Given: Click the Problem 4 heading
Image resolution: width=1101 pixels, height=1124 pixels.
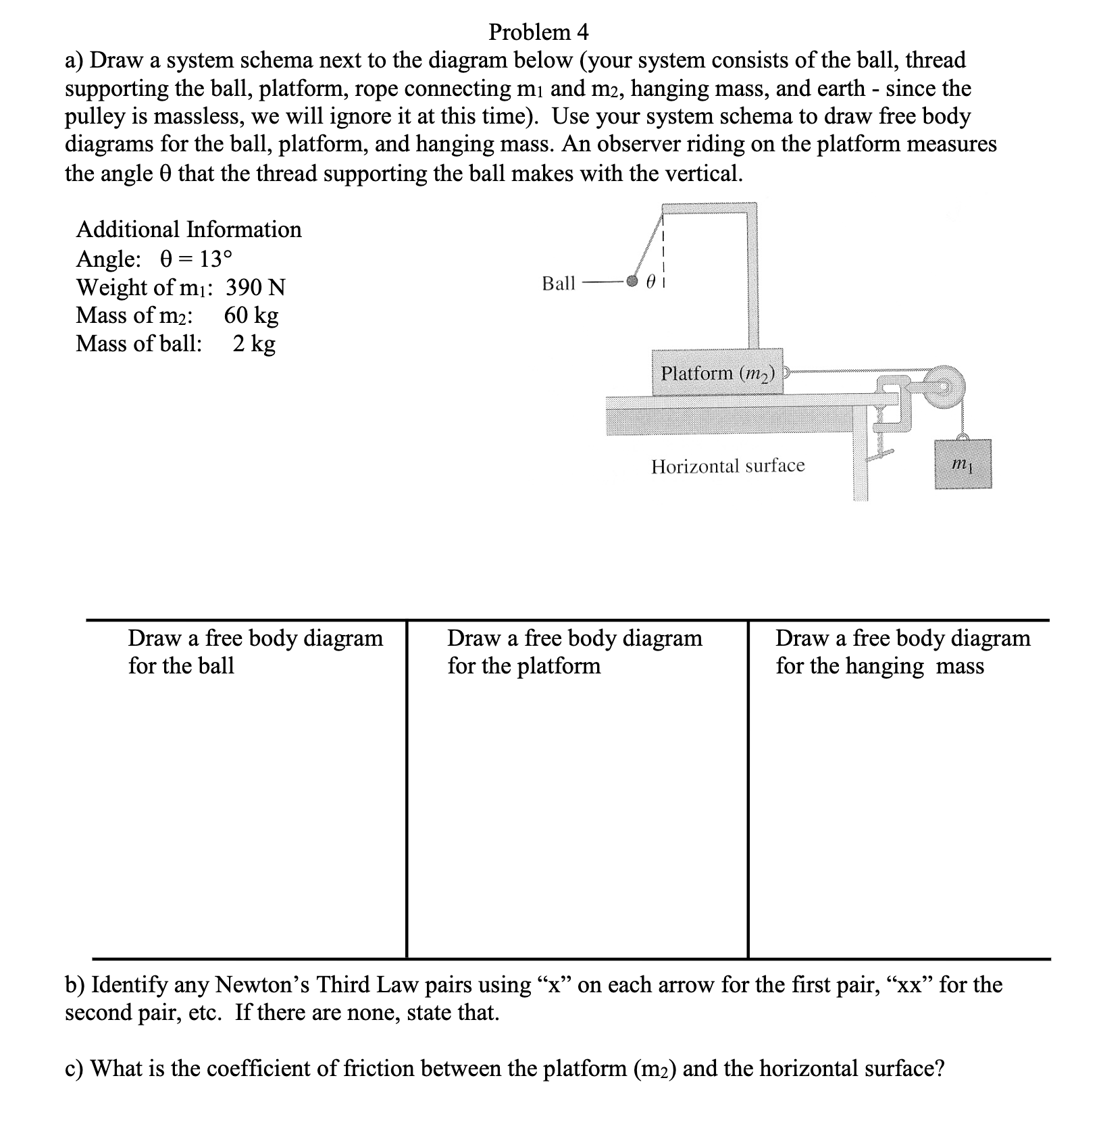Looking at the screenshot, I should pyautogui.click(x=538, y=32).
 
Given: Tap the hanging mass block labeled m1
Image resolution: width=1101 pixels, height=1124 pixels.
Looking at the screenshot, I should pyautogui.click(x=963, y=464).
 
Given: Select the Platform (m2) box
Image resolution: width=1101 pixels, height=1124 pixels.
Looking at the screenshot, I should pyautogui.click(x=717, y=372).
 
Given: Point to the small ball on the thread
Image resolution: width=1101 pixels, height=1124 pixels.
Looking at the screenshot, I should pyautogui.click(x=632, y=281).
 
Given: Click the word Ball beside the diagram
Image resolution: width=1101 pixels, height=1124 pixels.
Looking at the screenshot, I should pyautogui.click(x=558, y=283).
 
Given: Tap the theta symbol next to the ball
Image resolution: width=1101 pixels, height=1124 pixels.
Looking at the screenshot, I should pyautogui.click(x=650, y=284).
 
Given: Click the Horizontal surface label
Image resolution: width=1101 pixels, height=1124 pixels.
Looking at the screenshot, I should pyautogui.click(x=727, y=465).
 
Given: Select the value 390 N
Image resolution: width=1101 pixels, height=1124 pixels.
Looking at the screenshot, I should pyautogui.click(x=255, y=288).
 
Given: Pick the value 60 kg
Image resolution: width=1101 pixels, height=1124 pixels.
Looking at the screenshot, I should pyautogui.click(x=251, y=315).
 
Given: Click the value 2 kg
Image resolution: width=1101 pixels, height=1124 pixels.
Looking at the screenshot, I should pyautogui.click(x=254, y=344).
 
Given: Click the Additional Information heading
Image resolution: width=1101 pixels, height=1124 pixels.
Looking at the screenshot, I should pyautogui.click(x=188, y=230).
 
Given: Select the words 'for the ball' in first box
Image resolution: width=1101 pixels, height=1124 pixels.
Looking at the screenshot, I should pyautogui.click(x=180, y=666).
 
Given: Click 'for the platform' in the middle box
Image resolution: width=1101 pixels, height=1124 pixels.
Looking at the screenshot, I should pyautogui.click(x=523, y=666).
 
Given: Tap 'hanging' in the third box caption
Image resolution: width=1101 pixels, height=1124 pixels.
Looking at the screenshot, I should pyautogui.click(x=884, y=666).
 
